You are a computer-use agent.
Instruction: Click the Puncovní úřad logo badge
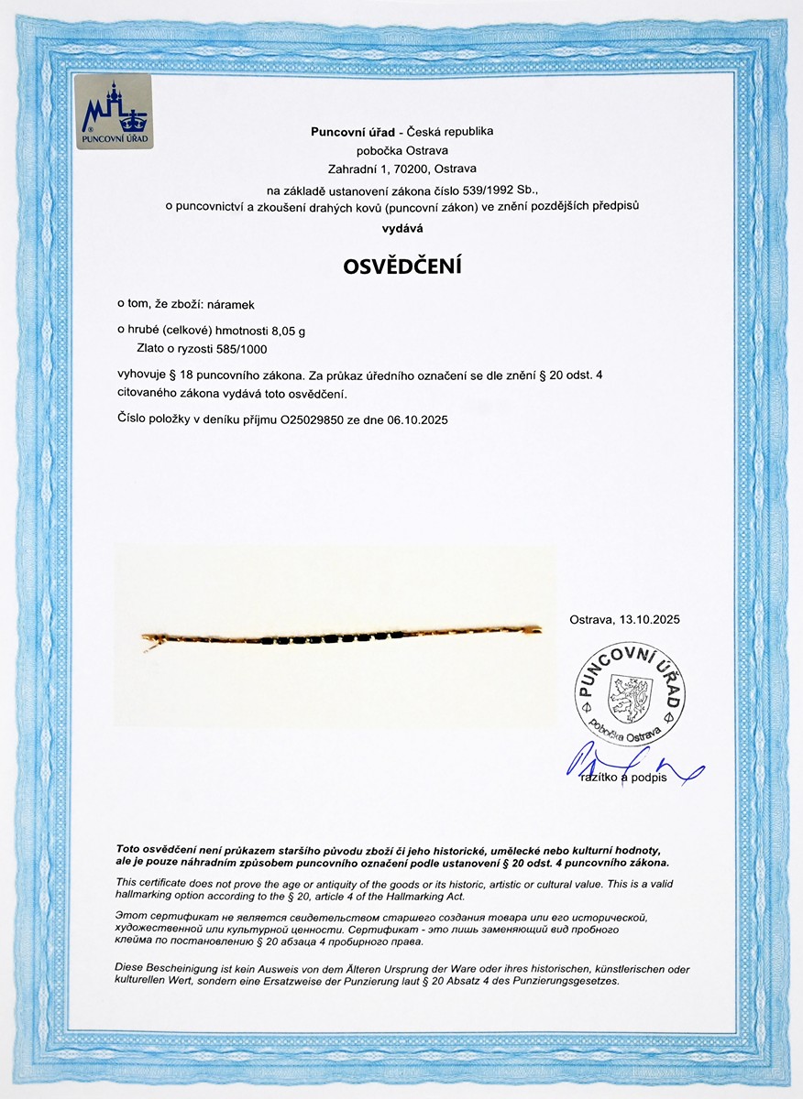114,114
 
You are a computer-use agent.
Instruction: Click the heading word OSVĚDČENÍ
401,267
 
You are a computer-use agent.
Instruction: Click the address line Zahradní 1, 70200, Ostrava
401,169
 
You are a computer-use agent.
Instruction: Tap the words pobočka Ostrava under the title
401,150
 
